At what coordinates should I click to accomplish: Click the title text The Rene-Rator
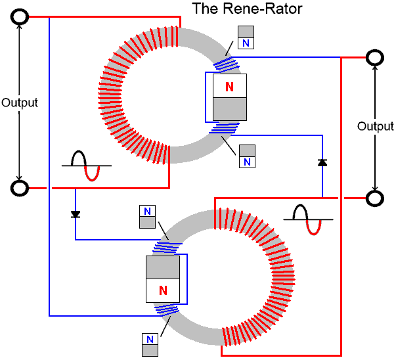242,9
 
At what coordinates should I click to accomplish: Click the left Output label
20,102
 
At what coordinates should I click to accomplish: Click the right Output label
376,126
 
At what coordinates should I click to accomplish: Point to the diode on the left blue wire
76,214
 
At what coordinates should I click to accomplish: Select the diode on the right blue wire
322,162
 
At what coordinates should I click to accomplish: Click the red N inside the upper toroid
229,86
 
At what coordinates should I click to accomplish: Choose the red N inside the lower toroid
162,289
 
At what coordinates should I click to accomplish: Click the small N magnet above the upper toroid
246,37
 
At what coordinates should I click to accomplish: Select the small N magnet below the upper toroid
246,156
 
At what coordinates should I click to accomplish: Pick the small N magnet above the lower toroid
148,217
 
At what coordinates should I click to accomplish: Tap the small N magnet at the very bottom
150,345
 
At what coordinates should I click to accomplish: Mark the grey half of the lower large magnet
162,267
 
